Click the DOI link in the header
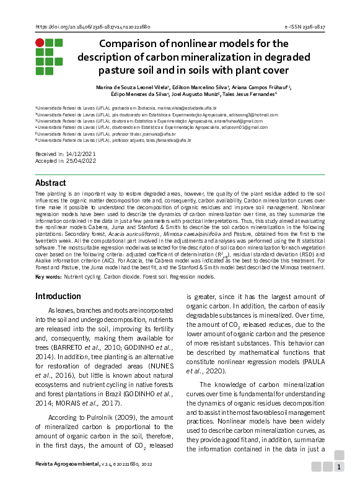pyautogui.click(x=94, y=27)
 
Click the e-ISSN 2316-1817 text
pyautogui.click(x=305, y=27)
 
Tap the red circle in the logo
pyautogui.click(x=40, y=43)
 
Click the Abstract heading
pyautogui.click(x=51, y=183)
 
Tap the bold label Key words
pyautogui.click(x=48, y=276)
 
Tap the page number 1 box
pyautogui.click(x=339, y=467)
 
